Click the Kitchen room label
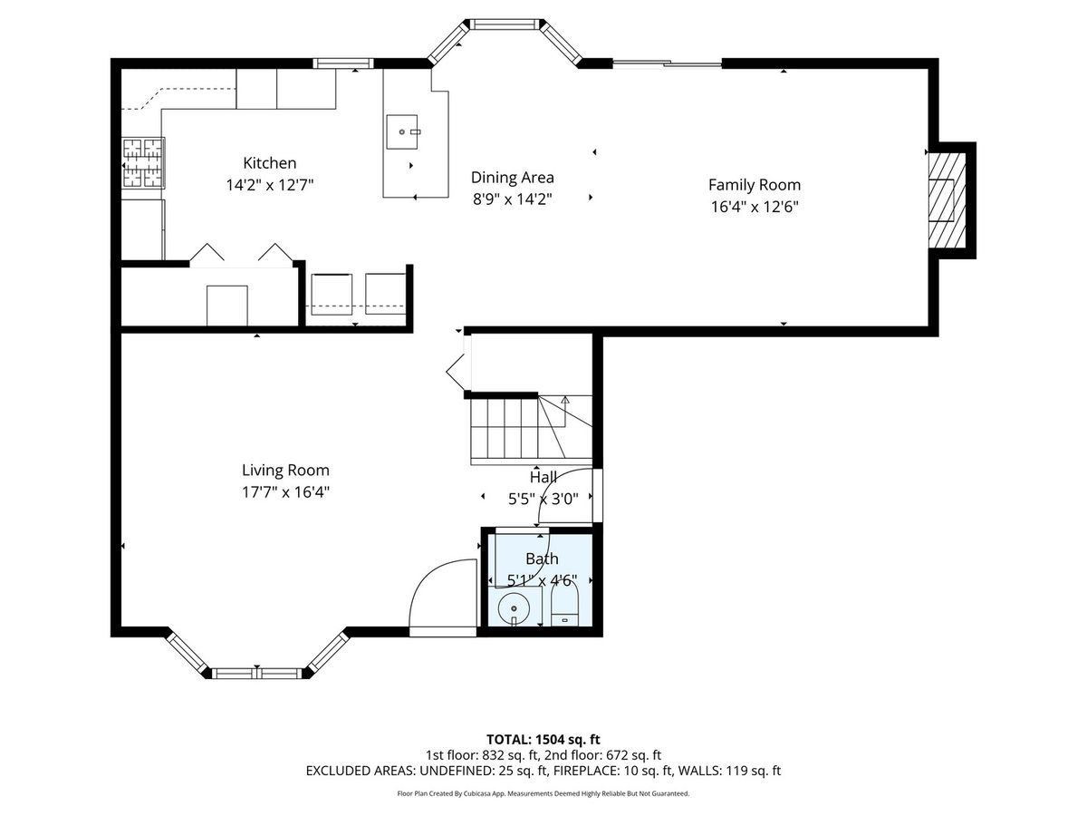269,163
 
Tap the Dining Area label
512,178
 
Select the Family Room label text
755,185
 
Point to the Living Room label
285,470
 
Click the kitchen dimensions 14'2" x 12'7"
270,185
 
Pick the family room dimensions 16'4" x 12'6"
755,207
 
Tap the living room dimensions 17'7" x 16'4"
285,492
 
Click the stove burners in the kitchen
143,163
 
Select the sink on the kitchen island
402,131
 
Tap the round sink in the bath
514,607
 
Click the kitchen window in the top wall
343,63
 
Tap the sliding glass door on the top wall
668,63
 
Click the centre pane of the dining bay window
503,24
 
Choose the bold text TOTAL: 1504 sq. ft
543,740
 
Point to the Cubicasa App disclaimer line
543,793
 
